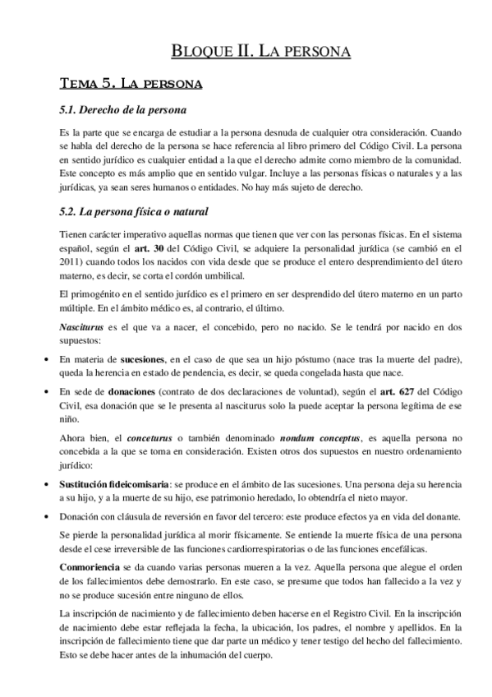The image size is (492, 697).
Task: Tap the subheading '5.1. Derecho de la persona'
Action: [x=123, y=108]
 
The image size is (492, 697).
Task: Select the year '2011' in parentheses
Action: [x=71, y=261]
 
